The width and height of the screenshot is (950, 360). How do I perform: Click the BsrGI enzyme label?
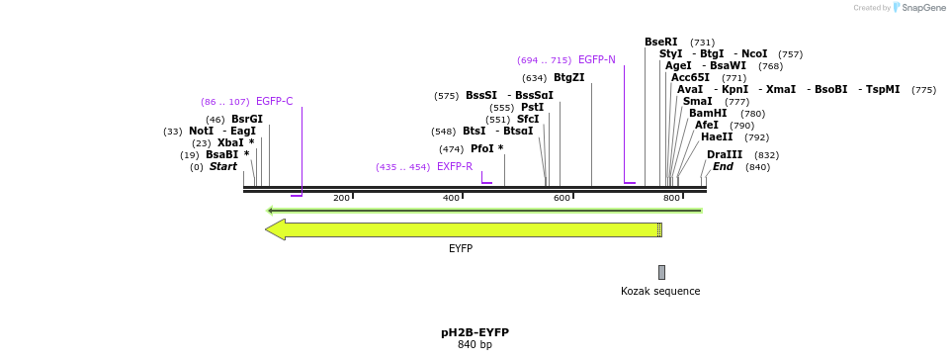246,119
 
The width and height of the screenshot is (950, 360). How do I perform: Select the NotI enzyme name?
201,131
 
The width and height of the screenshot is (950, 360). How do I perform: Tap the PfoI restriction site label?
481,148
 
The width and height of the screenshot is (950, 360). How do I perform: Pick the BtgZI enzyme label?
568,77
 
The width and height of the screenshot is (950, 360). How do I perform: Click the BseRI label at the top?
660,42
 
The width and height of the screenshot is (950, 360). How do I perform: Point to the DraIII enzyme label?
724,154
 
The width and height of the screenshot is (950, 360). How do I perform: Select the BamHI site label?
707,113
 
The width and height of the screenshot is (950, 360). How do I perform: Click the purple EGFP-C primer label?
274,101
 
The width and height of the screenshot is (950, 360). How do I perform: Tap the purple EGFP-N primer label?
596,59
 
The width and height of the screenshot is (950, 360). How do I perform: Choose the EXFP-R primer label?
454,166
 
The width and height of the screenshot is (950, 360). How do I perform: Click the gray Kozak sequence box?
661,272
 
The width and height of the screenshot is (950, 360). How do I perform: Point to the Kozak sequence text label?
660,291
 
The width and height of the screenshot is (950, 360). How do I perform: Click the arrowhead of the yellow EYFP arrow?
275,229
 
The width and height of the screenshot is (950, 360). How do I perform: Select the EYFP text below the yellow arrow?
461,248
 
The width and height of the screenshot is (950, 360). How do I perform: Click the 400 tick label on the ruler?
451,198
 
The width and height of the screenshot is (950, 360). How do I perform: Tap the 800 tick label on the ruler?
671,198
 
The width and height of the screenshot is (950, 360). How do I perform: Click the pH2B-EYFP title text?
475,332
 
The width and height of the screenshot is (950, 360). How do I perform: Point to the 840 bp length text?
475,345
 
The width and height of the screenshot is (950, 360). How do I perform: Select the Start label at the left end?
222,166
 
